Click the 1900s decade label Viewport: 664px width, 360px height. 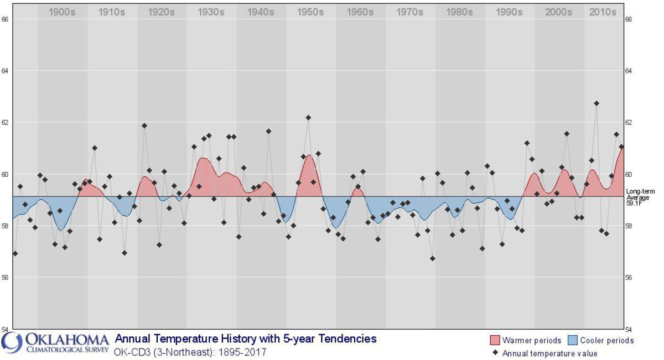62,12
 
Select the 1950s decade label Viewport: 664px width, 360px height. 310,12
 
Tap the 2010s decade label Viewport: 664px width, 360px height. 603,12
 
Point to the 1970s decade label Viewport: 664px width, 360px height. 409,12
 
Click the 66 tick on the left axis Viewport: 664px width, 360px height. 6,19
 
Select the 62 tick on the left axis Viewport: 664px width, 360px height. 6,122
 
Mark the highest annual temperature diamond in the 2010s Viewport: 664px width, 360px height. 596,103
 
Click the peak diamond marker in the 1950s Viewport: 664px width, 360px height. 308,117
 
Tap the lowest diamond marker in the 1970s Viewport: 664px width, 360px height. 432,258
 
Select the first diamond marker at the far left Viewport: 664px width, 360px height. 15,253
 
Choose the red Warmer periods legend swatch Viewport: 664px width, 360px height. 494,340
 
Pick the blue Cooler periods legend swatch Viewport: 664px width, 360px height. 573,340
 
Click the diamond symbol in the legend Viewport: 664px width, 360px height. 495,353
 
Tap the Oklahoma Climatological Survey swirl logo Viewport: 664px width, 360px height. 12,342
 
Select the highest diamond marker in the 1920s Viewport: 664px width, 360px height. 144,126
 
